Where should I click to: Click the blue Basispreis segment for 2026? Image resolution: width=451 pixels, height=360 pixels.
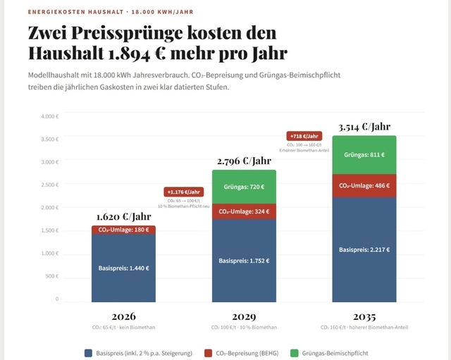(123, 268)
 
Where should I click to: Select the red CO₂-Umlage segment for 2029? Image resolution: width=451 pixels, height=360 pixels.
(244, 211)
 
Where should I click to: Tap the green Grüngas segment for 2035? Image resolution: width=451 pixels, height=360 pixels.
(364, 154)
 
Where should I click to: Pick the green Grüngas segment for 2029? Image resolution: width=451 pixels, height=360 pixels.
(244, 187)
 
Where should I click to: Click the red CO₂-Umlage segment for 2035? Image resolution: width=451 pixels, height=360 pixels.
(364, 185)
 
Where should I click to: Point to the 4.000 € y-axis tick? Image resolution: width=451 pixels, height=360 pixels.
(49, 116)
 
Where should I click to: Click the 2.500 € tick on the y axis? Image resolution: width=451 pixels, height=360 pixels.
(49, 185)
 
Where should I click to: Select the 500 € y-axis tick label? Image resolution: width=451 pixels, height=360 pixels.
(52, 276)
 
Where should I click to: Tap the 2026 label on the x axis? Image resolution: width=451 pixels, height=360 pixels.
(123, 316)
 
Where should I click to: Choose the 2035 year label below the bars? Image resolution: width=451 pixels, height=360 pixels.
(364, 316)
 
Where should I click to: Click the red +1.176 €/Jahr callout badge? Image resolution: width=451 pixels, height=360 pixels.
(183, 192)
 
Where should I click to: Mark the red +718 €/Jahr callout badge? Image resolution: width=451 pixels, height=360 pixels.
(304, 136)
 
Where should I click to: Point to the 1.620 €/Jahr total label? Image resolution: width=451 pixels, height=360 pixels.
(123, 217)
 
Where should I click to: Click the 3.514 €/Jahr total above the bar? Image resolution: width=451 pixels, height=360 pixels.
(364, 127)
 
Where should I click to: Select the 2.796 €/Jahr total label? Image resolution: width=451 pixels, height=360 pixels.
(244, 161)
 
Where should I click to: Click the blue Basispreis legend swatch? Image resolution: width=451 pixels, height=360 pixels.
(88, 352)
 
